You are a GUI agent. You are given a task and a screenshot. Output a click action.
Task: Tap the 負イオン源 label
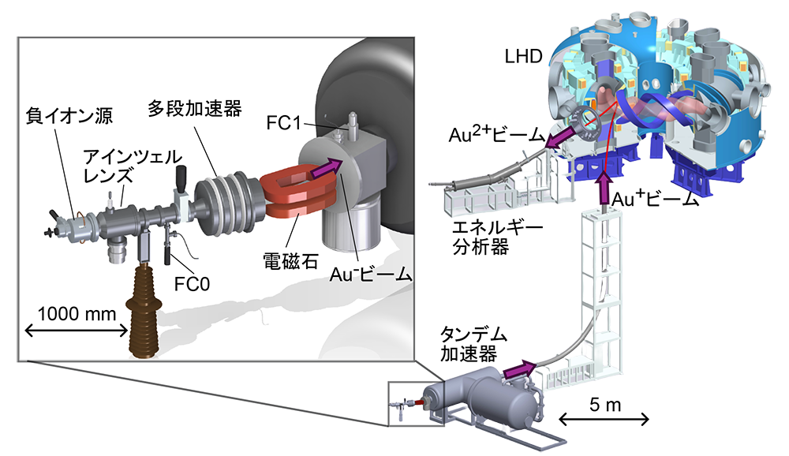click(69, 118)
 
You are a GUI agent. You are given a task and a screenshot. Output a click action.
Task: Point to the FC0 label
click(193, 281)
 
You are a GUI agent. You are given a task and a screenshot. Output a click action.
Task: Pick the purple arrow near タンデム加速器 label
click(518, 368)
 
